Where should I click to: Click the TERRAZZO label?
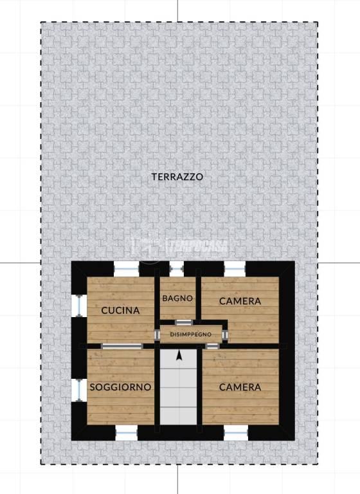pyautogui.click(x=177, y=177)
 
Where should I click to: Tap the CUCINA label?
pyautogui.click(x=121, y=310)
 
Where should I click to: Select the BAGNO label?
pyautogui.click(x=177, y=298)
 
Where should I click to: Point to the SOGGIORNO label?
pyautogui.click(x=121, y=387)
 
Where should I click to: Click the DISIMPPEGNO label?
pyautogui.click(x=191, y=334)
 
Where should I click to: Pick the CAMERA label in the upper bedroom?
pyautogui.click(x=240, y=301)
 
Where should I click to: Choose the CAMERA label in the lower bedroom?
pyautogui.click(x=240, y=387)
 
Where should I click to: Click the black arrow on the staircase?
pyautogui.click(x=179, y=355)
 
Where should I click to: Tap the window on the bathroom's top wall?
pyautogui.click(x=176, y=269)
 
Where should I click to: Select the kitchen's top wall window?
pyautogui.click(x=126, y=269)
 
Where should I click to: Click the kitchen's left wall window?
pyautogui.click(x=78, y=306)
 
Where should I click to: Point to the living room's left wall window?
pyautogui.click(x=78, y=390)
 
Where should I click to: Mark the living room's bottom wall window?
pyautogui.click(x=126, y=432)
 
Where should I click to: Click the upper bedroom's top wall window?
pyautogui.click(x=235, y=269)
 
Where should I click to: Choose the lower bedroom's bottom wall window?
pyautogui.click(x=236, y=432)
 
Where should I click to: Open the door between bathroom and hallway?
pyautogui.click(x=183, y=322)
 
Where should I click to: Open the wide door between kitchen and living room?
pyautogui.click(x=122, y=346)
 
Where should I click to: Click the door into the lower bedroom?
pyautogui.click(x=213, y=346)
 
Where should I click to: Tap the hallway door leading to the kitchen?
pyautogui.click(x=157, y=335)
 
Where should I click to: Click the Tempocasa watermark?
pyautogui.click(x=179, y=246)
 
